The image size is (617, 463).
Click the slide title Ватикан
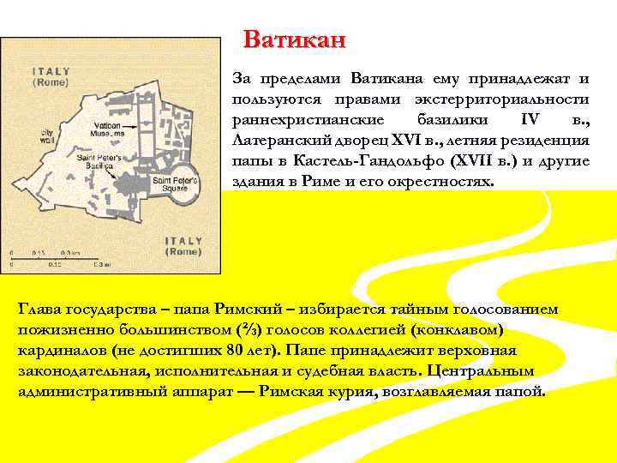click(x=294, y=39)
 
